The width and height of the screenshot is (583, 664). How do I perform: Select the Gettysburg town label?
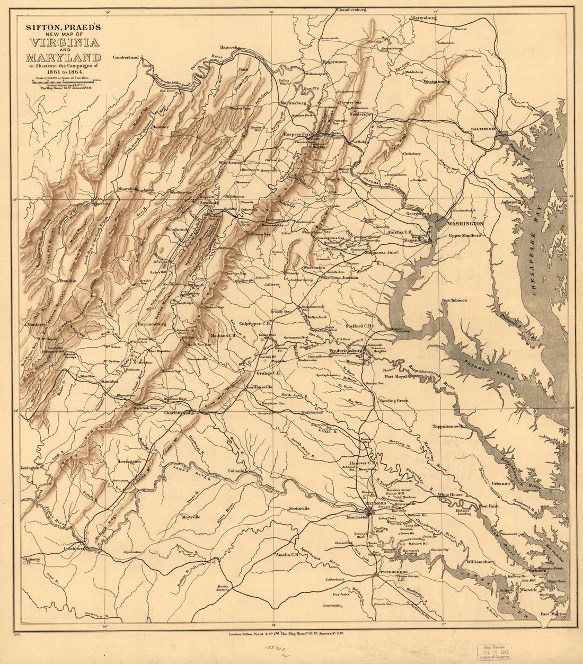tap(424, 18)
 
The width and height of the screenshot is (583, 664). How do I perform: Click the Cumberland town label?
tap(125, 57)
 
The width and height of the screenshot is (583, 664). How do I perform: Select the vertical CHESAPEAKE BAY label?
tap(541, 249)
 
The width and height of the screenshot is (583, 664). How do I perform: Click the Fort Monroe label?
tap(553, 615)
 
